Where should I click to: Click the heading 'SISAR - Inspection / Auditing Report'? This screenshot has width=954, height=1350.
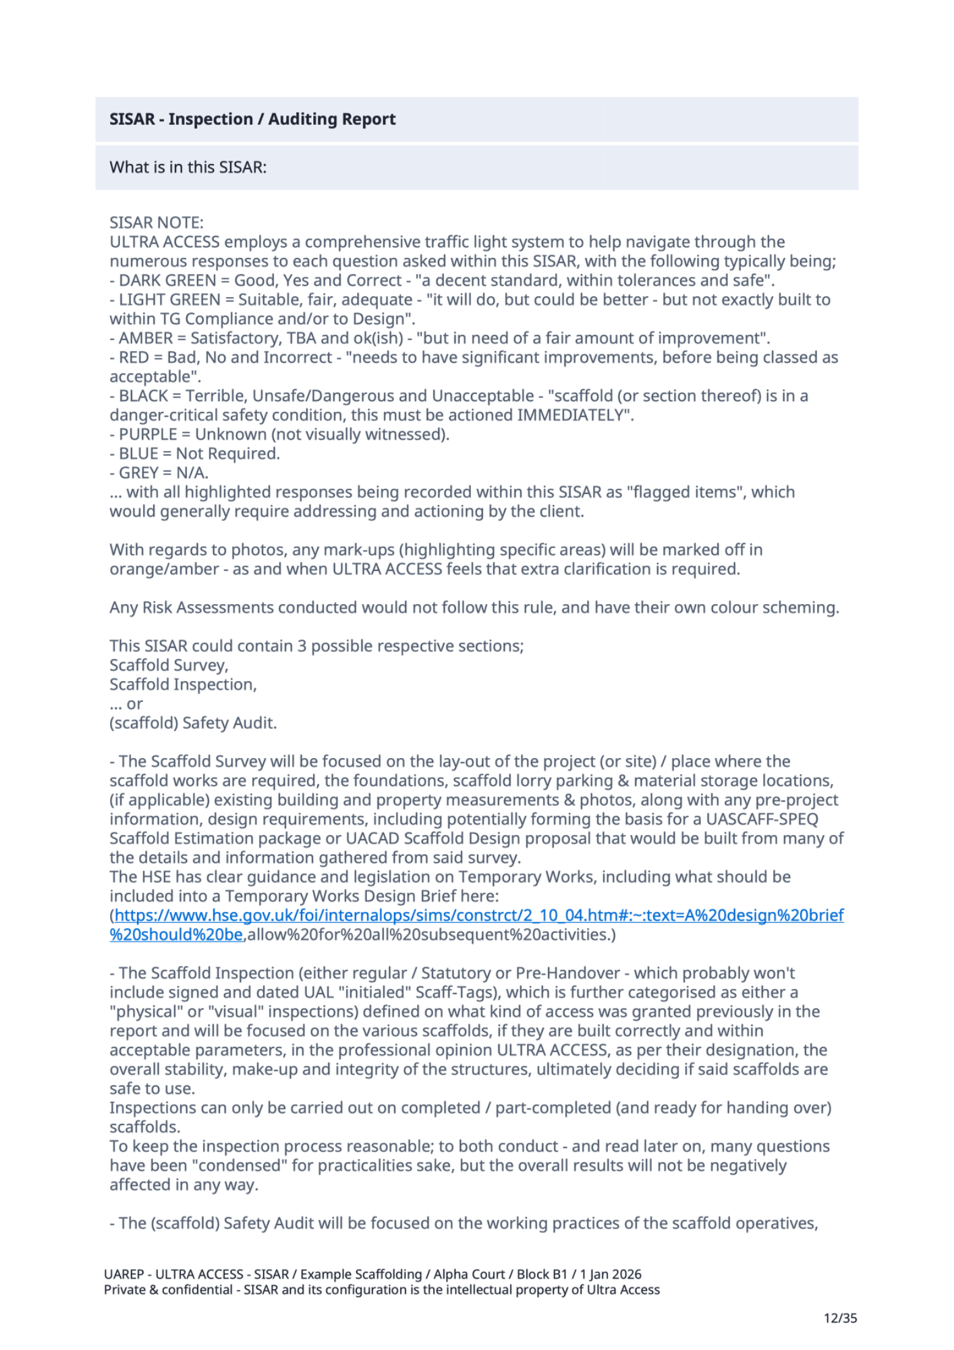pyautogui.click(x=252, y=119)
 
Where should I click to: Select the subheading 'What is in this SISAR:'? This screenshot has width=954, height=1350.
pyautogui.click(x=188, y=167)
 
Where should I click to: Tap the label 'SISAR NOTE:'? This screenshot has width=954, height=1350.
pyautogui.click(x=157, y=223)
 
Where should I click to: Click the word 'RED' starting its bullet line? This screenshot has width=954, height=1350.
pyautogui.click(x=134, y=358)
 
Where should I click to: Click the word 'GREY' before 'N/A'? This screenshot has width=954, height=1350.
pyautogui.click(x=139, y=473)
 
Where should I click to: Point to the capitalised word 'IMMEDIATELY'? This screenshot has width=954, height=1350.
pyautogui.click(x=573, y=415)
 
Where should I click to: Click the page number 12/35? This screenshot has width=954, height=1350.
pyautogui.click(x=840, y=1318)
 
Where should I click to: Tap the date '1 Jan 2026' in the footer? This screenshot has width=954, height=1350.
pyautogui.click(x=611, y=1274)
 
